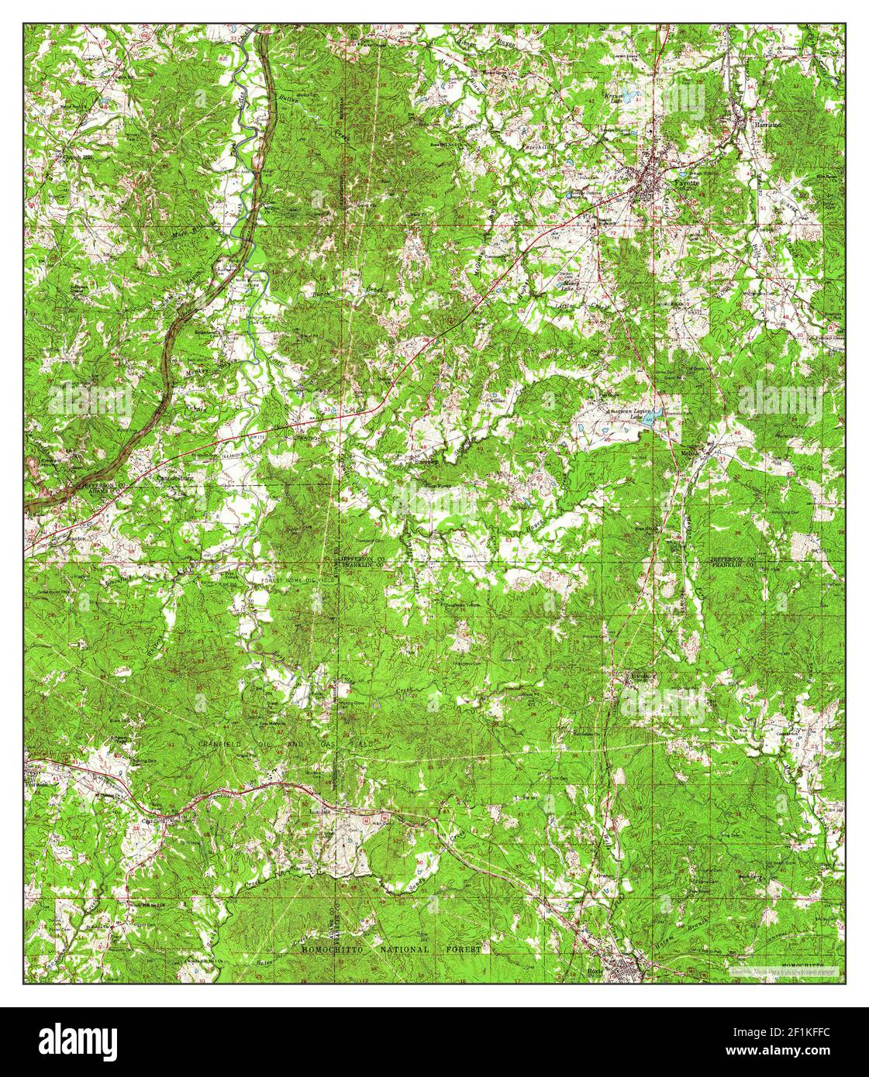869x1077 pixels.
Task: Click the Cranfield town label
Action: point(148,821)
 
